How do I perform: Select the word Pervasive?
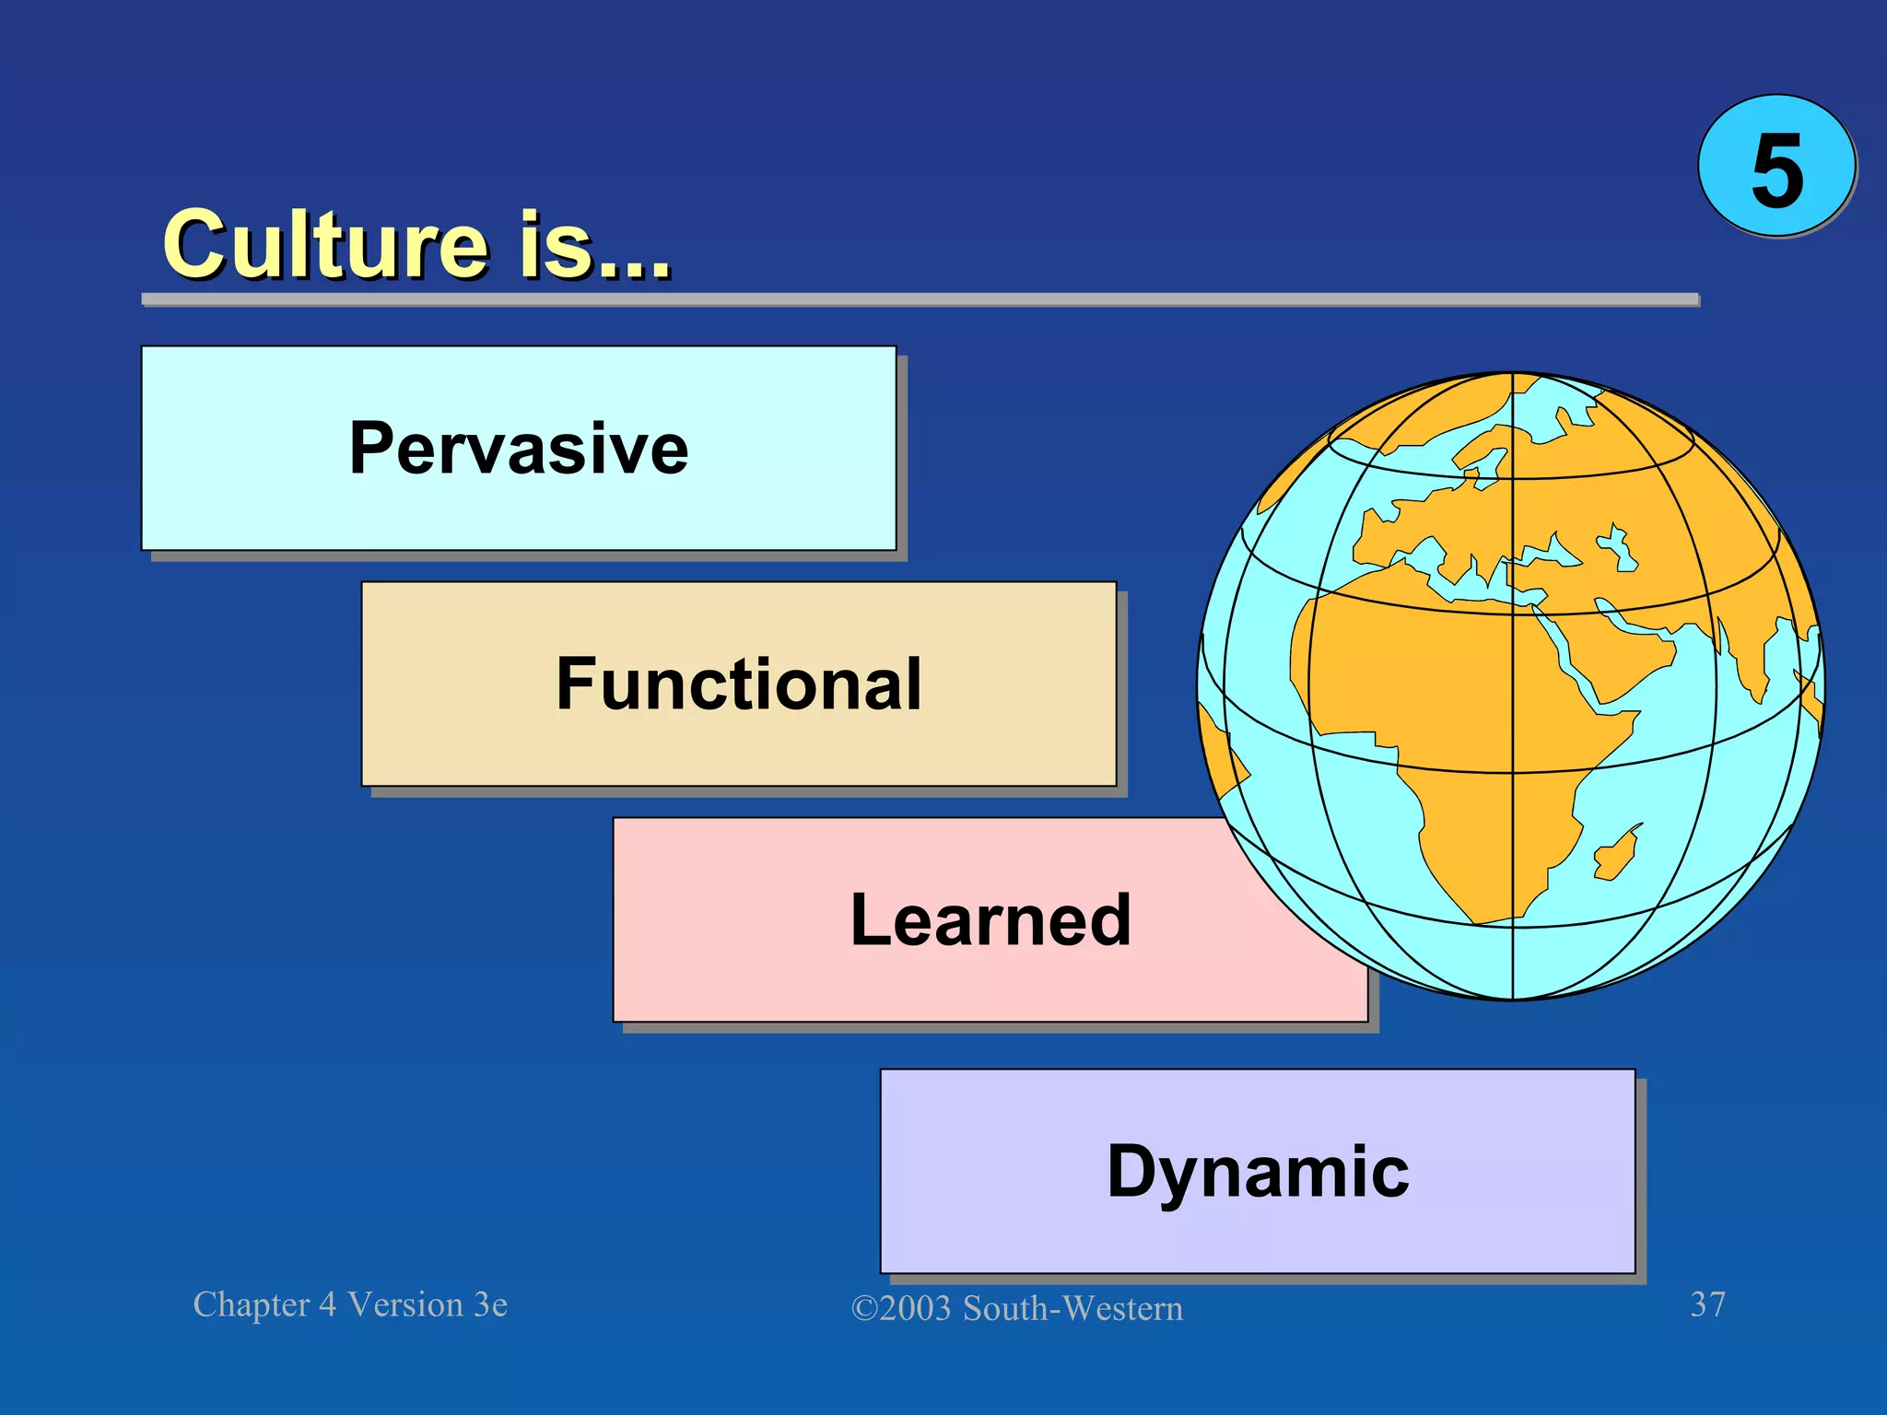519,449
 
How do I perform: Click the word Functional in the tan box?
738,684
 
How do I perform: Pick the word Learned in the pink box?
990,920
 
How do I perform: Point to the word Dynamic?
1258,1172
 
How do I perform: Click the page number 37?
1707,1304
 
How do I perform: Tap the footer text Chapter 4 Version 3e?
350,1304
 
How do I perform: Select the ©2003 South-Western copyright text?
1016,1308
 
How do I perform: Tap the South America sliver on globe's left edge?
1221,765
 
